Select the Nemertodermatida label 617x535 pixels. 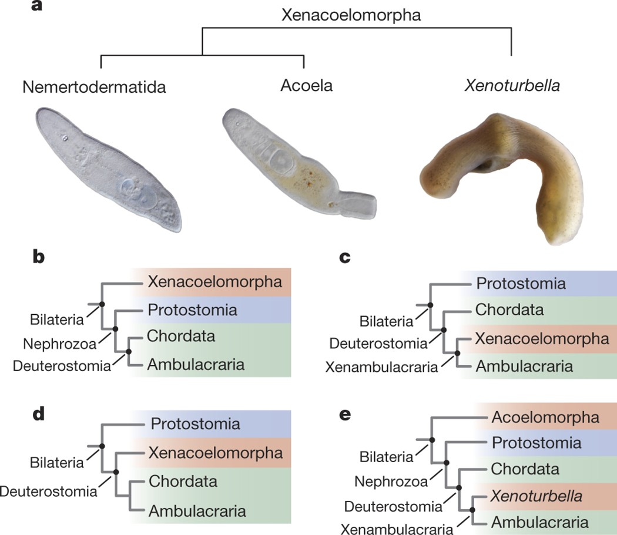pos(95,87)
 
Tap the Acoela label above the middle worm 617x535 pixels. pos(307,86)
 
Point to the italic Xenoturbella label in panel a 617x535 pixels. pos(512,86)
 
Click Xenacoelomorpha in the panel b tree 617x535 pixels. pos(215,282)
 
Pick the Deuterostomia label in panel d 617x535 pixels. pos(48,490)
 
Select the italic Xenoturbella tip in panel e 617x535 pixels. pos(537,496)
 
